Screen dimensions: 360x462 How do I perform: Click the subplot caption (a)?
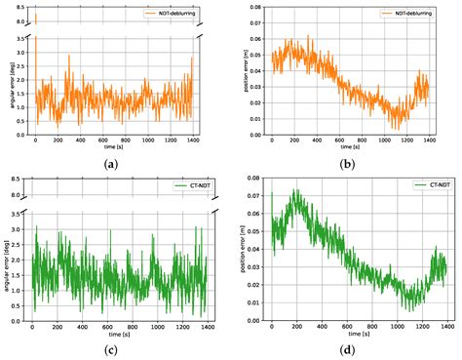[x=113, y=163]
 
